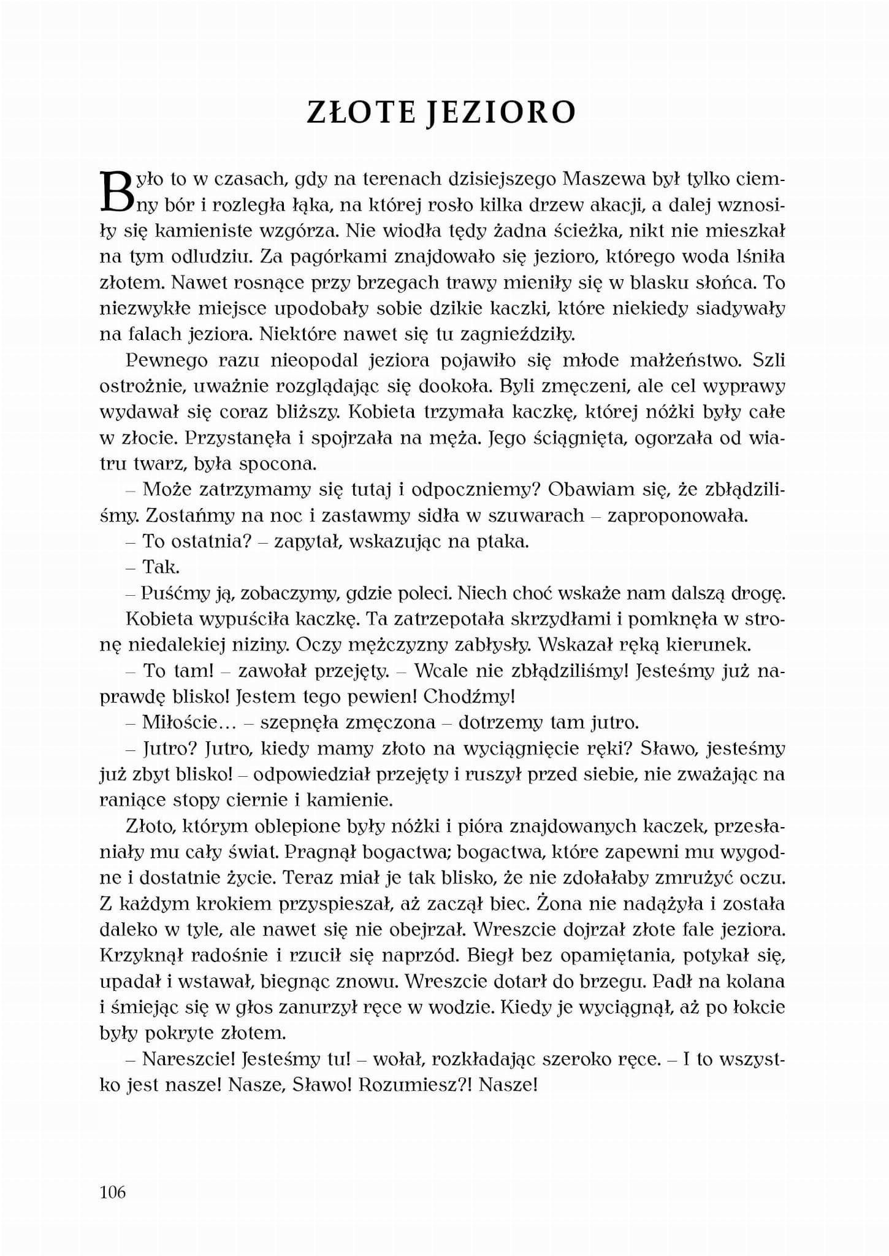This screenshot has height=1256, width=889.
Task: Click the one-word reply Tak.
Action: point(161,567)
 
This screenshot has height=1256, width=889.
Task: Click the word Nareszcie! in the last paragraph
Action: point(189,1060)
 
